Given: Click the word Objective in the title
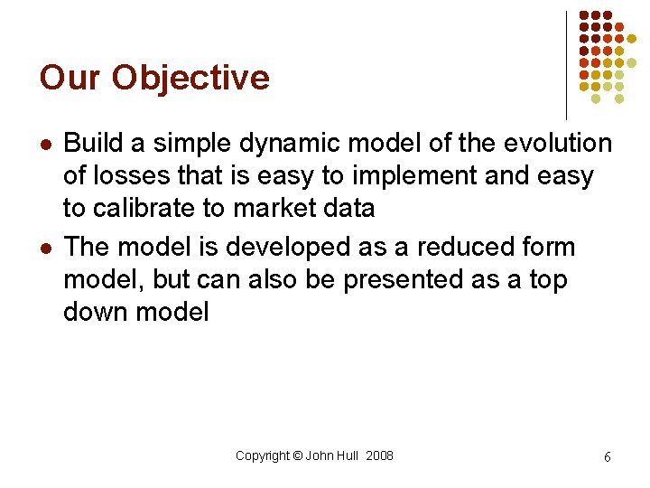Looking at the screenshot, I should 190,79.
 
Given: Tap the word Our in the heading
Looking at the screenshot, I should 70,78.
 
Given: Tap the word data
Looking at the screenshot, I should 348,209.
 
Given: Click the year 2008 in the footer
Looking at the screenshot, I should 379,455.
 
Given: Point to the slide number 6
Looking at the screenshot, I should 607,457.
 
